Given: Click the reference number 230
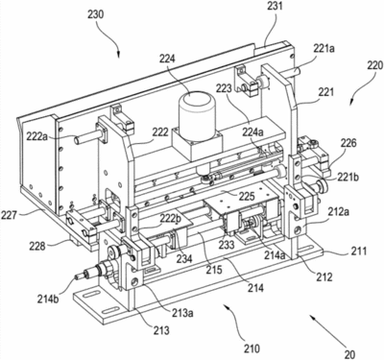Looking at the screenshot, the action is click(95, 14).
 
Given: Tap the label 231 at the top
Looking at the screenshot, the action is click(275, 7).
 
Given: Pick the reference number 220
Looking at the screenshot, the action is click(373, 65).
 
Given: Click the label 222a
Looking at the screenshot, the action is click(36, 136).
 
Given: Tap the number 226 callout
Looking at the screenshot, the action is click(348, 143).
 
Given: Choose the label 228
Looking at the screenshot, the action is click(37, 247).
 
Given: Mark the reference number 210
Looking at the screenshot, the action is click(252, 348).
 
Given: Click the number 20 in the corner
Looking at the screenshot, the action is click(349, 354).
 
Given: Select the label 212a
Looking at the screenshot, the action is click(338, 210).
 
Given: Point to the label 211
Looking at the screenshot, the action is click(358, 251).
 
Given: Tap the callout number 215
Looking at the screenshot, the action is click(214, 270).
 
